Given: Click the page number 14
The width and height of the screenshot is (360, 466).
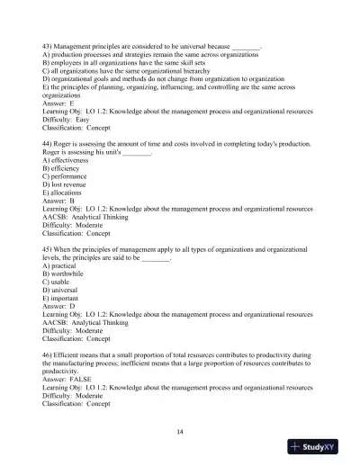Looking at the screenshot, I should (180, 432).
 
